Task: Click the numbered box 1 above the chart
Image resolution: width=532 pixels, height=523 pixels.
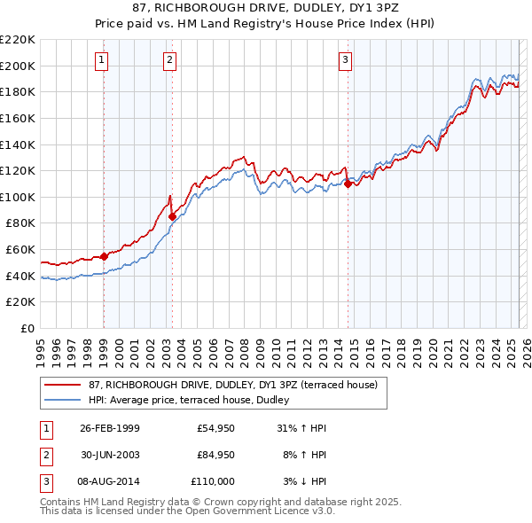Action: (103, 60)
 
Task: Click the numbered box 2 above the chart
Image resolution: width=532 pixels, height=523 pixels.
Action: (170, 60)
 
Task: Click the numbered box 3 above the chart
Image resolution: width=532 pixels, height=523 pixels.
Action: (345, 60)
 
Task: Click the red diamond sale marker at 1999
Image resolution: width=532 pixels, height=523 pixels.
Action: (104, 256)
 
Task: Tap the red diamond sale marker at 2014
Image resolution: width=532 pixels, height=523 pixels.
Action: (348, 183)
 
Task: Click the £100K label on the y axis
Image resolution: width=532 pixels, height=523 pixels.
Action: (18, 197)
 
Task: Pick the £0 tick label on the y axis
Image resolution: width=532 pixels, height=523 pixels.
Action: (27, 328)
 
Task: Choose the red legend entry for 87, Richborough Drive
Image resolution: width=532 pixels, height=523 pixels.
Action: (232, 385)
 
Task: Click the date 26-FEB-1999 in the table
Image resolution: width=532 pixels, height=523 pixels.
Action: (110, 428)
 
